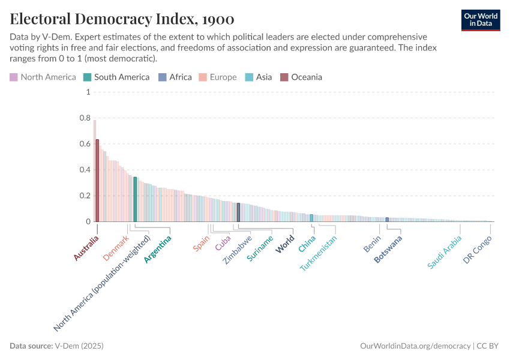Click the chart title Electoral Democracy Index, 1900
[x=122, y=19]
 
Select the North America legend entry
[x=43, y=77]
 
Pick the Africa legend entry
[x=175, y=77]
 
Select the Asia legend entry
[x=259, y=77]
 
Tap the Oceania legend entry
[x=301, y=77]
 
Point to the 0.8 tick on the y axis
[x=85, y=118]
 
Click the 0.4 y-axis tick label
[x=85, y=170]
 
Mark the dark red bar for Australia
[x=97, y=180]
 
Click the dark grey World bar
[x=238, y=212]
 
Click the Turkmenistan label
[x=319, y=253]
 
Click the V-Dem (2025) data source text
[x=79, y=346]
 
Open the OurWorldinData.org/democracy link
[x=415, y=346]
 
